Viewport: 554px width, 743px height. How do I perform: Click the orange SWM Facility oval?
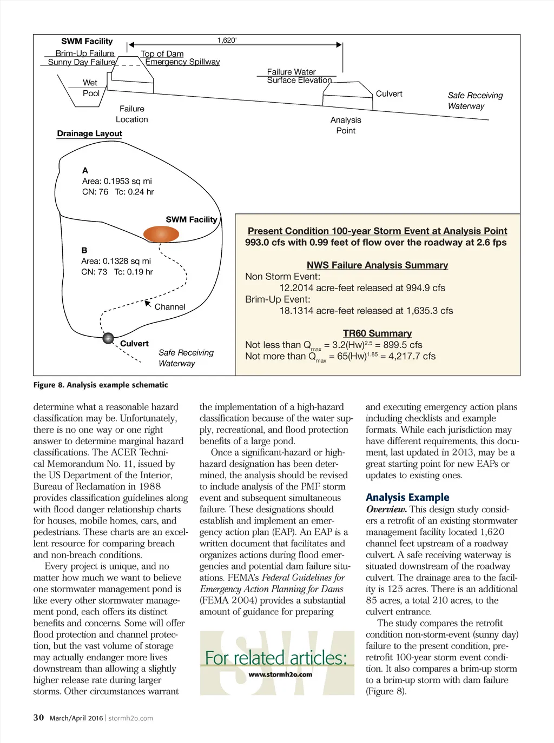[161, 234]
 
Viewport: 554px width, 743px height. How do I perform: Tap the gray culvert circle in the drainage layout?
[108, 338]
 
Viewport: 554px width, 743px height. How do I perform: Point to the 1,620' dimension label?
[227, 40]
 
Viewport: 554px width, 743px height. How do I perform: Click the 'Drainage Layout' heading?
[90, 133]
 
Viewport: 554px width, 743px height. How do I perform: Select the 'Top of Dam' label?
[162, 53]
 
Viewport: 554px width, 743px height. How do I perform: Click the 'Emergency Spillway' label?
[182, 62]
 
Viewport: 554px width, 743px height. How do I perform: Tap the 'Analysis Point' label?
[346, 125]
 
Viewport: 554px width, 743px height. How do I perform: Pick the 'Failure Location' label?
[132, 114]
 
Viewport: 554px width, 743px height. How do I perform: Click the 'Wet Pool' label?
[91, 88]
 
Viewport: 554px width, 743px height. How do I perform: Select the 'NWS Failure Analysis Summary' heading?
[377, 265]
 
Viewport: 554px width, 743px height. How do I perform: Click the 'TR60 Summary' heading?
[377, 333]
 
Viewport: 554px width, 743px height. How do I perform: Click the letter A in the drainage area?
[85, 170]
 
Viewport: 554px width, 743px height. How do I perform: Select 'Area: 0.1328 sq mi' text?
[116, 261]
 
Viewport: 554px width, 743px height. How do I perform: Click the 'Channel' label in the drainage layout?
[170, 307]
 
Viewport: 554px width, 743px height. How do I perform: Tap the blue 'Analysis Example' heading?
[407, 497]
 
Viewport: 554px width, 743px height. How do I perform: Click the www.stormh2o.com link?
[280, 674]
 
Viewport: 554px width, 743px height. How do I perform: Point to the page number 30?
[38, 718]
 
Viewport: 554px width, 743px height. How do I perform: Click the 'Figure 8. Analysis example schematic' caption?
[101, 385]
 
